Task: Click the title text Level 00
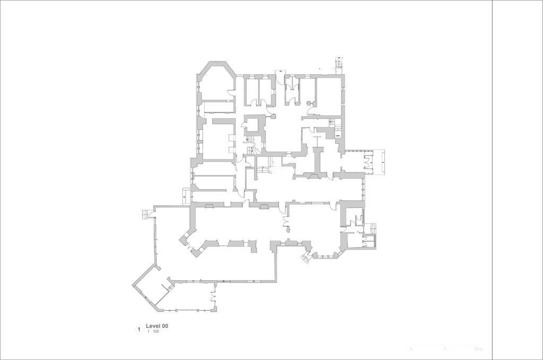point(157,326)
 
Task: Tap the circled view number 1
point(139,329)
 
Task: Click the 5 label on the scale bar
point(445,349)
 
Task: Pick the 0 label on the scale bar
point(411,349)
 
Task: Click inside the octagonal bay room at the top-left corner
point(216,85)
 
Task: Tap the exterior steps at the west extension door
point(146,214)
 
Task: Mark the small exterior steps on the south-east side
point(373,229)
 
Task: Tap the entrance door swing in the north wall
point(279,74)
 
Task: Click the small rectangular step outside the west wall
point(186,195)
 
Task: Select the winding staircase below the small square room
point(250,144)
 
